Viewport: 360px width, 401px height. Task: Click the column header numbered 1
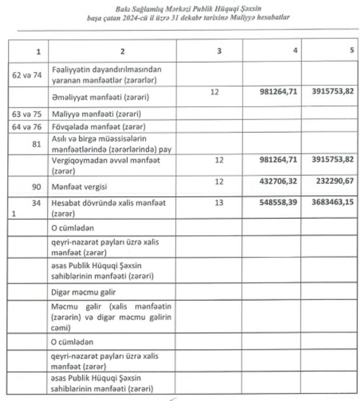(x=38, y=52)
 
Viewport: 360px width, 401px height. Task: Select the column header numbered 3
(x=219, y=51)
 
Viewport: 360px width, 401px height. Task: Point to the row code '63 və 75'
(x=26, y=113)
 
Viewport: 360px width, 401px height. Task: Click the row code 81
(x=37, y=138)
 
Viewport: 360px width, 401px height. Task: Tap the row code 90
(x=37, y=186)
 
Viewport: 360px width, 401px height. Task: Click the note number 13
(x=219, y=203)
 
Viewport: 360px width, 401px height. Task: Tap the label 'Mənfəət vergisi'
(x=76, y=186)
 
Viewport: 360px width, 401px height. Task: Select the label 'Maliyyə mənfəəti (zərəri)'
(x=89, y=113)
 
